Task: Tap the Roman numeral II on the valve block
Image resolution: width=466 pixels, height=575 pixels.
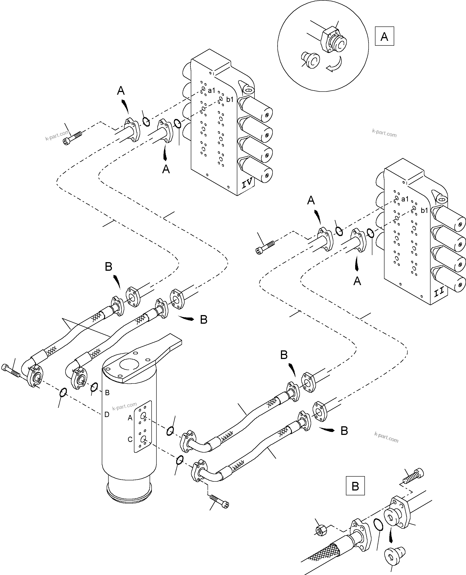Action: point(439,292)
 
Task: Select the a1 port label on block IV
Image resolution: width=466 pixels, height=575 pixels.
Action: point(212,91)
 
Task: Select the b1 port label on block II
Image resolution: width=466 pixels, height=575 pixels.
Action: point(424,210)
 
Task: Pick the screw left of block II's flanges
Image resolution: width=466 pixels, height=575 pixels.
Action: point(265,247)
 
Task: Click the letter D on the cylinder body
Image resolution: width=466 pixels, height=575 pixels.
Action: point(107,415)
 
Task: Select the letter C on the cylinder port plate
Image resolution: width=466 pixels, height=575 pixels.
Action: point(130,439)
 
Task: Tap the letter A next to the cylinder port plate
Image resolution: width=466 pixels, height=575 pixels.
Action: point(130,418)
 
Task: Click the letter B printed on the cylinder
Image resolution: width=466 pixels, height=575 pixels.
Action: point(107,393)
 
